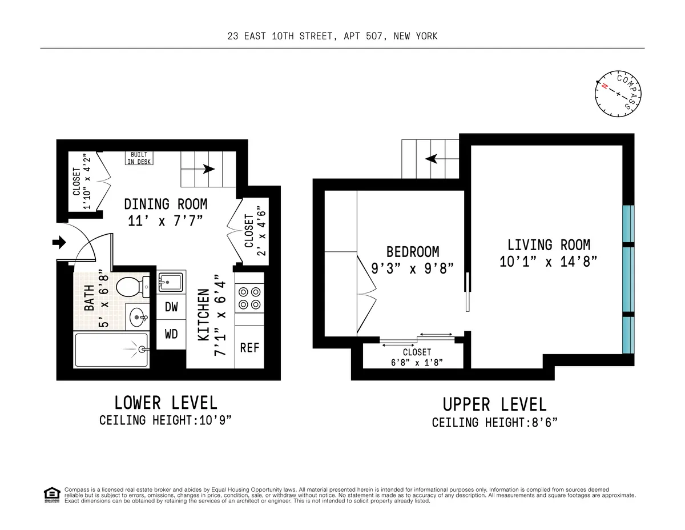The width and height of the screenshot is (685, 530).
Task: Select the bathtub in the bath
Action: tap(112, 350)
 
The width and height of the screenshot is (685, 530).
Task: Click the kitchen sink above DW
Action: tap(171, 282)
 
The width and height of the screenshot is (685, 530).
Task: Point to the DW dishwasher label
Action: tap(171, 307)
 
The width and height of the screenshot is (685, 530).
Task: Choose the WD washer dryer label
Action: tap(171, 334)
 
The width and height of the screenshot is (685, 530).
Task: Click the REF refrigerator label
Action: tap(249, 347)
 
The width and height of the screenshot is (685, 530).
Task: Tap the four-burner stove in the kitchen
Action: tap(249, 298)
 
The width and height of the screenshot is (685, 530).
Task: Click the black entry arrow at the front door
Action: tap(59, 243)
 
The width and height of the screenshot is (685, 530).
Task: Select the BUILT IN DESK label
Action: tap(139, 158)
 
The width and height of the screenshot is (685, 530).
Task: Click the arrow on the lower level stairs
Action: tap(208, 169)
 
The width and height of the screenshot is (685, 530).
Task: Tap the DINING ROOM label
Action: tap(166, 204)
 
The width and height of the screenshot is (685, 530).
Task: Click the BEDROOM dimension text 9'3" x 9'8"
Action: tap(413, 268)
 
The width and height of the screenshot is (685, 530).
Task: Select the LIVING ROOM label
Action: tap(549, 245)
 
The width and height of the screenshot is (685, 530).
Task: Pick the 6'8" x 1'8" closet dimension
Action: tap(417, 363)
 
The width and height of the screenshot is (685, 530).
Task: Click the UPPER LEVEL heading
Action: tap(494, 404)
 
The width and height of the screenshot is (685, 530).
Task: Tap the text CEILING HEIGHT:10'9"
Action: tap(166, 421)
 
